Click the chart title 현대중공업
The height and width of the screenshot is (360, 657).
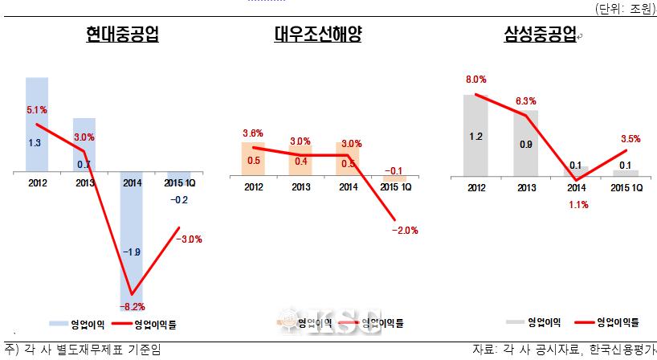[x=123, y=35]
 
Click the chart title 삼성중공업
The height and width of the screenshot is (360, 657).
[x=540, y=35]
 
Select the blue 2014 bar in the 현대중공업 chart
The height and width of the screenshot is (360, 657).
[x=133, y=233]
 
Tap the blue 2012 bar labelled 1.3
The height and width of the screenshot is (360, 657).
[x=37, y=125]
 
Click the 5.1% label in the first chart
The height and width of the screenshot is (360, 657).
[x=35, y=109]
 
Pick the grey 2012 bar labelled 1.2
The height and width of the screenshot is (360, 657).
[x=475, y=135]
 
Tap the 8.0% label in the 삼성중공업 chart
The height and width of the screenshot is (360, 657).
[x=475, y=80]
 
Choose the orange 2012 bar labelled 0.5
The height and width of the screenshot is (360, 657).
[x=253, y=160]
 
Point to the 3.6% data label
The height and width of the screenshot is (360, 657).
[x=253, y=133]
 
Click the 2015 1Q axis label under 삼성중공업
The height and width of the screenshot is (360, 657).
[x=626, y=188]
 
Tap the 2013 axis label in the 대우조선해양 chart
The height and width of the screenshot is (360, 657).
[x=301, y=188]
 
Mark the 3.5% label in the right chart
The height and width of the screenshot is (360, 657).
[x=630, y=138]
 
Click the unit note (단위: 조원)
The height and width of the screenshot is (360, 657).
[x=625, y=9]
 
